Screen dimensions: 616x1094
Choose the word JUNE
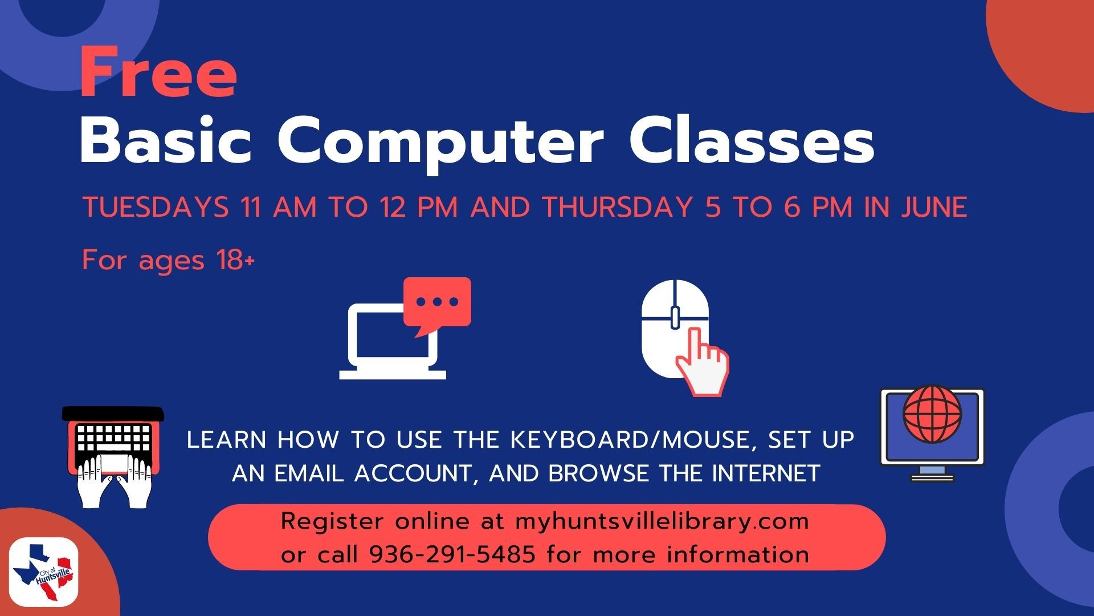click(x=934, y=207)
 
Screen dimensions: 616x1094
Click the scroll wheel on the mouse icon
click(x=675, y=317)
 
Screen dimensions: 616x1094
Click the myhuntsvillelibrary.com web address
click(x=662, y=521)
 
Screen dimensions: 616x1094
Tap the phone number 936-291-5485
click(x=452, y=554)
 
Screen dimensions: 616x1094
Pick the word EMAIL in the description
click(x=309, y=473)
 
